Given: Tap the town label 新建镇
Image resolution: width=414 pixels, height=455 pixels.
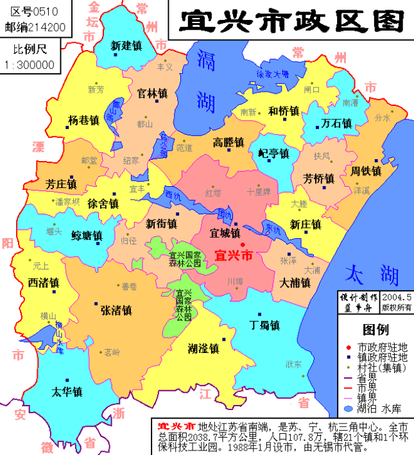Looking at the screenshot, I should (126, 46).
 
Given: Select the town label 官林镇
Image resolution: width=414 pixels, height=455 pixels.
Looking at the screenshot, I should (152, 93).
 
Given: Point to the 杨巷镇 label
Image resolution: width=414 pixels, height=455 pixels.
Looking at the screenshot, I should (83, 121).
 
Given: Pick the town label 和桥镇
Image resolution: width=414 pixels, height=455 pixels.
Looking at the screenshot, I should (284, 111).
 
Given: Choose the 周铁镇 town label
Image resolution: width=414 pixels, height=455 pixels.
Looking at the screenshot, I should (367, 171).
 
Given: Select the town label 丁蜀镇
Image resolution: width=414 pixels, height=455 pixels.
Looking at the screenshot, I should (264, 325).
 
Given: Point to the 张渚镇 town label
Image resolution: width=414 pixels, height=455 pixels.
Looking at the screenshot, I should (116, 310).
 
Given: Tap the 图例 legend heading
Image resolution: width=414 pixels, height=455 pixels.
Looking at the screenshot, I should (375, 330).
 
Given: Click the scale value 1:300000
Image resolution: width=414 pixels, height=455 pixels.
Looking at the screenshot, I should (29, 65).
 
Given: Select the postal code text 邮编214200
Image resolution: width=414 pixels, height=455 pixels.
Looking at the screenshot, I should (35, 26).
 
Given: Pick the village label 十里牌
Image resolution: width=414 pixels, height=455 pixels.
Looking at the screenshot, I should (259, 192).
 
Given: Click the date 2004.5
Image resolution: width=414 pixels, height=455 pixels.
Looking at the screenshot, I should (396, 297).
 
